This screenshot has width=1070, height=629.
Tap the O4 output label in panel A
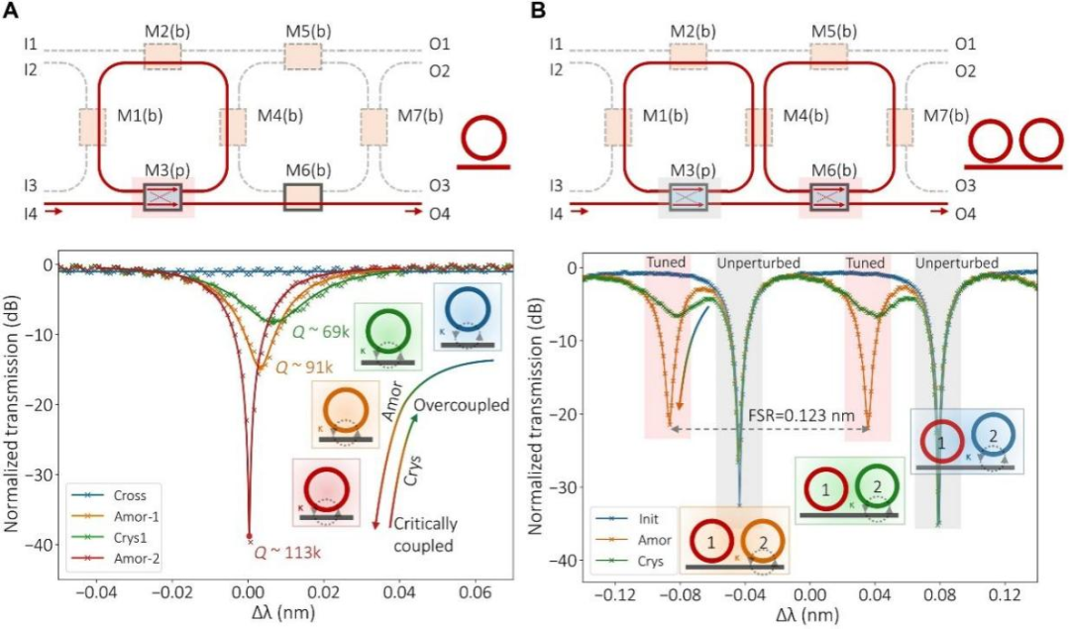tap(441, 211)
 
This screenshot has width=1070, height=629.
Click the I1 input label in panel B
tap(556, 45)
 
